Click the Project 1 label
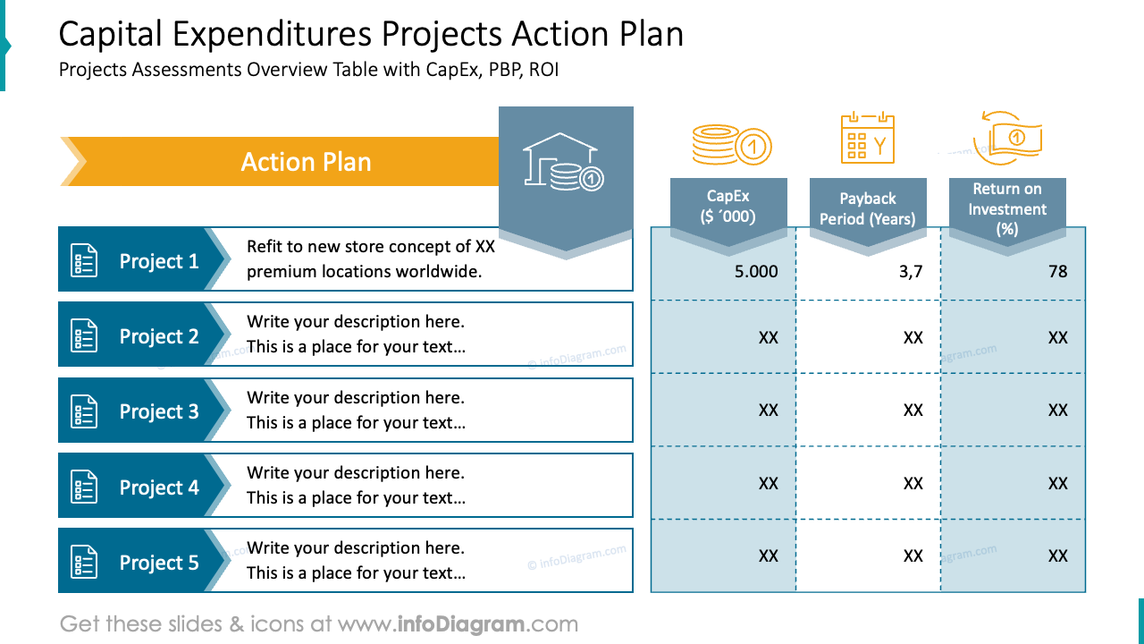[x=159, y=261]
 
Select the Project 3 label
[x=159, y=411]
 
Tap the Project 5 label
[x=159, y=563]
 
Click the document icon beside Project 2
[x=84, y=337]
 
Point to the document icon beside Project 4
[x=84, y=487]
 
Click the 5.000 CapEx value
[x=756, y=271]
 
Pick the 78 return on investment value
[x=1057, y=271]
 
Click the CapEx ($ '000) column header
[x=728, y=206]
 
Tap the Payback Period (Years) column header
[x=867, y=208]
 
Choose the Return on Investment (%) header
[x=1007, y=208]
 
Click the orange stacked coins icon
[x=731, y=144]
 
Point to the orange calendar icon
[x=867, y=139]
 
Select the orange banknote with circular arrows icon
[x=1008, y=139]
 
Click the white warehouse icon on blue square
[x=564, y=163]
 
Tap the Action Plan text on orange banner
[x=306, y=162]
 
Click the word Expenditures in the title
[x=272, y=34]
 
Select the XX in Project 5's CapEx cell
[x=768, y=555]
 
